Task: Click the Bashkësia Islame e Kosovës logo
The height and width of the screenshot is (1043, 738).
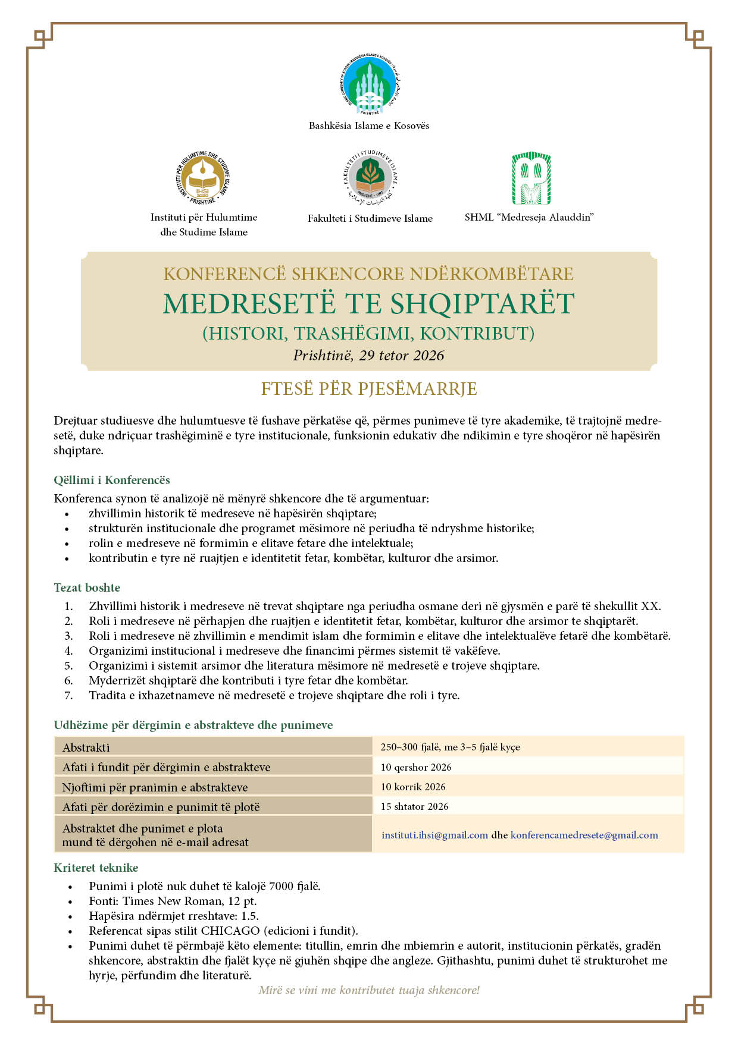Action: [x=369, y=85]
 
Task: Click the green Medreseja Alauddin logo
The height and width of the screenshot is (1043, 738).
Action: [x=531, y=178]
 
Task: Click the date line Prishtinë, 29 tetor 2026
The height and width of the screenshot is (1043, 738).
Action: [x=368, y=356]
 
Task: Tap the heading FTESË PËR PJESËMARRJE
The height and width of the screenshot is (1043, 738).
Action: [x=369, y=389]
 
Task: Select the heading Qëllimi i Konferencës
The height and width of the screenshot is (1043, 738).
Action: [x=112, y=480]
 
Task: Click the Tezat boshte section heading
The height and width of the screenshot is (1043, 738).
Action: [x=87, y=588]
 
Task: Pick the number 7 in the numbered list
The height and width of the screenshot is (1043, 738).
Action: [x=69, y=696]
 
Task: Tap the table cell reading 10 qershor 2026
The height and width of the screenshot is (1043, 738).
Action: [x=416, y=767]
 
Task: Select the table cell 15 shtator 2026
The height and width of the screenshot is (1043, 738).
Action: [x=415, y=807]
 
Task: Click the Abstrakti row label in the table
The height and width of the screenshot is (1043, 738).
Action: [x=86, y=747]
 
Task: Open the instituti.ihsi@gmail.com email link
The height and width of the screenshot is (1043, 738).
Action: [x=434, y=835]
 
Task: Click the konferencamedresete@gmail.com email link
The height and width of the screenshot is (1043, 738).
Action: [x=584, y=835]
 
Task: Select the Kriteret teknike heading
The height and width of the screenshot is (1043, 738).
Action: [x=96, y=868]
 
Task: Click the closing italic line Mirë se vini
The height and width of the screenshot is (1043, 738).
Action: [x=369, y=991]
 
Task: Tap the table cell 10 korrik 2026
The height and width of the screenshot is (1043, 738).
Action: [x=413, y=787]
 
